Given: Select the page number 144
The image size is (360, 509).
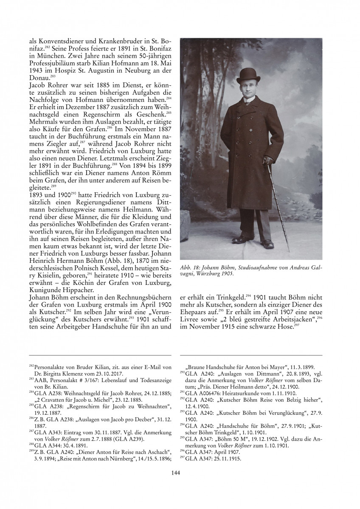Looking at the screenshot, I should click(x=176, y=472).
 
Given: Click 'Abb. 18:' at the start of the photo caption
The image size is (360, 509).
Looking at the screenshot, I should click(x=190, y=267).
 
